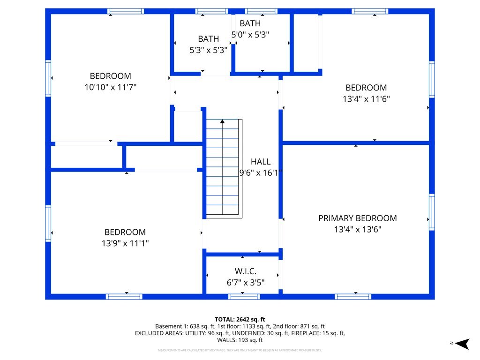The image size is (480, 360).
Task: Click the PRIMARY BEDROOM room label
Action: pos(357,218)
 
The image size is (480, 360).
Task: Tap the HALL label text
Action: pos(260,162)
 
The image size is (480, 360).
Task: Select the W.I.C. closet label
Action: pos(245,271)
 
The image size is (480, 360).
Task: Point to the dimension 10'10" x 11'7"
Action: pos(111,87)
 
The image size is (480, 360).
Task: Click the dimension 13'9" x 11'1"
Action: pos(125,243)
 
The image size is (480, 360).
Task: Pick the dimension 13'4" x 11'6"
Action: pos(366,99)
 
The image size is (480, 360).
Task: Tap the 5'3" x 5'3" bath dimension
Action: pos(208,50)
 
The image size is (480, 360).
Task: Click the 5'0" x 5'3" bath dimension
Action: pos(250,34)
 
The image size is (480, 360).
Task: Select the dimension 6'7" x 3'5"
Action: pos(245,283)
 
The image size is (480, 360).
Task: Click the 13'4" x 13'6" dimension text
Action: pos(357,230)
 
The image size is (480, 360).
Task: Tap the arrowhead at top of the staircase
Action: pos(222,121)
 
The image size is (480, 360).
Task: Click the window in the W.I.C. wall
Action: pos(244,296)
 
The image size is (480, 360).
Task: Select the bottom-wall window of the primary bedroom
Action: pos(353,296)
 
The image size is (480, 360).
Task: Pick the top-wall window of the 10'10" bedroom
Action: pos(125,11)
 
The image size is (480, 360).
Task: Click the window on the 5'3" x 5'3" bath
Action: pos(211,11)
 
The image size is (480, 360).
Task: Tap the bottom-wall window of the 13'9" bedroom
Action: pos(124,296)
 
